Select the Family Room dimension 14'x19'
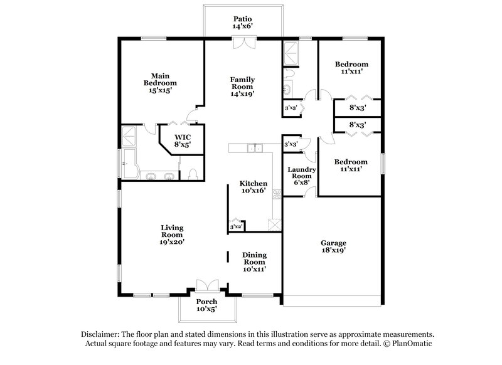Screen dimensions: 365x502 pos(242,93)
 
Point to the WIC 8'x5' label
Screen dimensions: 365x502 pos(183,140)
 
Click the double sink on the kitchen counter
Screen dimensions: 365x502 pos(255,148)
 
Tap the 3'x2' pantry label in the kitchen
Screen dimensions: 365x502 pos(236,226)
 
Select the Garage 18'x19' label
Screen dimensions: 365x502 pos(333,246)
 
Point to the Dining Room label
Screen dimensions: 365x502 pos(255,260)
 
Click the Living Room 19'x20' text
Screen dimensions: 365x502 pos(171,235)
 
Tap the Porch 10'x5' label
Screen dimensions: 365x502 pos(206,305)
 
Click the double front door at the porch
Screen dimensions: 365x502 pos(206,285)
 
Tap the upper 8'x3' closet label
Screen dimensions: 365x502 pos(357,108)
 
